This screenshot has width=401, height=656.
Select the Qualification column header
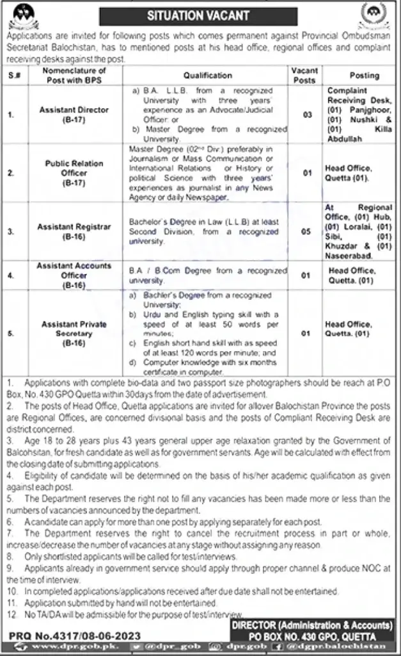click(x=207, y=75)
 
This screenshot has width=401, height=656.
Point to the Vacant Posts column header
click(x=304, y=75)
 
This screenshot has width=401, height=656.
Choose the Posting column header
click(x=363, y=75)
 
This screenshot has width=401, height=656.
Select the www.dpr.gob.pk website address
click(x=57, y=647)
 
